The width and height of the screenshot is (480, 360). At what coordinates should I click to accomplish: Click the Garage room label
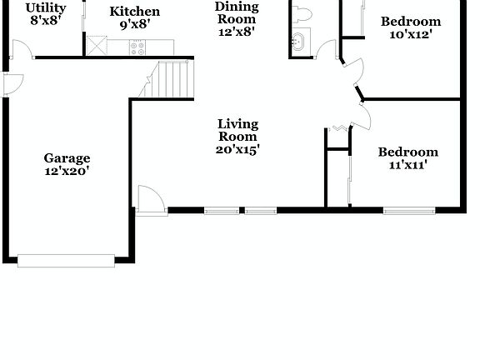tap(67, 158)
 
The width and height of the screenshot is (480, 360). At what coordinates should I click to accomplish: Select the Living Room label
tap(237, 131)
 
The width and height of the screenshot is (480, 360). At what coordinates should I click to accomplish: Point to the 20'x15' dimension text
tap(237, 150)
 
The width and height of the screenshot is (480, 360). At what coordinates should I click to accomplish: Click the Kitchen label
tap(135, 12)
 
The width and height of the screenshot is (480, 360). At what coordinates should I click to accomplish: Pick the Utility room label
tap(45, 8)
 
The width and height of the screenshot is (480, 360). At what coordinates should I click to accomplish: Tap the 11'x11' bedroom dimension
tap(407, 165)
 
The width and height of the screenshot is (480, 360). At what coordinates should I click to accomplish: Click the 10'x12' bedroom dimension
tap(410, 34)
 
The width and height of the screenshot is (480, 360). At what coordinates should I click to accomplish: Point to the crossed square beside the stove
tap(97, 46)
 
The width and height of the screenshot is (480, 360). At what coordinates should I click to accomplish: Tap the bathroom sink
tap(300, 39)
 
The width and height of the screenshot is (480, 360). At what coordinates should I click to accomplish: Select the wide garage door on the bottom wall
tap(66, 260)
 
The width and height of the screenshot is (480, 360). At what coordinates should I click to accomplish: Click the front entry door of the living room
tap(151, 201)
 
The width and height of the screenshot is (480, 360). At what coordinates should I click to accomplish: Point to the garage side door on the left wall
tap(12, 84)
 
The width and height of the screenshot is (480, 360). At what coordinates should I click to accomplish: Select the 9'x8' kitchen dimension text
tap(135, 25)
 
